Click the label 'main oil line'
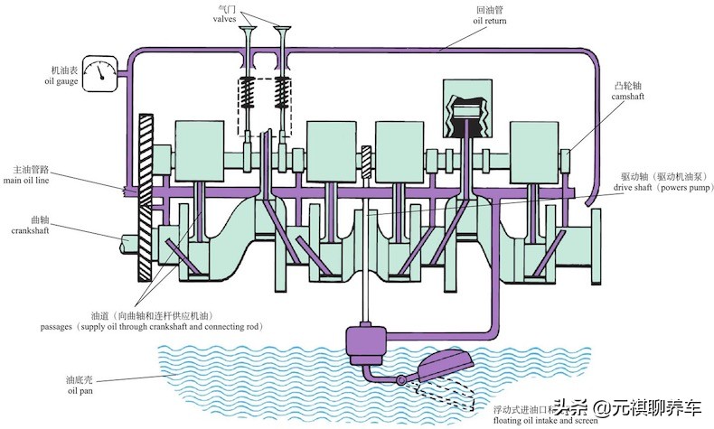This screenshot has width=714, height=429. [x=34, y=181]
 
